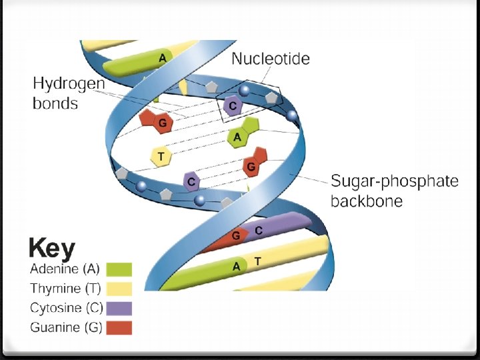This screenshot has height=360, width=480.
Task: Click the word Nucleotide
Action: coord(270,59)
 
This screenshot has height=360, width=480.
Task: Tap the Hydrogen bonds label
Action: coord(69,93)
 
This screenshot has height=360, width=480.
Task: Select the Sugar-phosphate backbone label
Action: coord(395,191)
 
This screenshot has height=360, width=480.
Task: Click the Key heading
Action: coord(52,249)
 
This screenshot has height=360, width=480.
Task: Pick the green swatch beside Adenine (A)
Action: coord(119,269)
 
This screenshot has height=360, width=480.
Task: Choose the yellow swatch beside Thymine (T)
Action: coord(119,289)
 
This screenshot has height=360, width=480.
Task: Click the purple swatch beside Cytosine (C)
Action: coord(119,308)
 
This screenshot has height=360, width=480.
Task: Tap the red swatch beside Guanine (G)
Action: coord(119,327)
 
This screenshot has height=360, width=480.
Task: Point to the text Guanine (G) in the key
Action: coord(66,327)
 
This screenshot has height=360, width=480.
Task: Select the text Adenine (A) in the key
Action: coord(65,269)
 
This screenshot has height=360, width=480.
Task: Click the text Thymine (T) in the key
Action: coord(65,289)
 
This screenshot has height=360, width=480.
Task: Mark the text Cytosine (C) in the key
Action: coord(65,308)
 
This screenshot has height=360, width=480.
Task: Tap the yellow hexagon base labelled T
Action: coord(160,157)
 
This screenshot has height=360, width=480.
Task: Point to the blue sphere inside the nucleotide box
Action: coord(245,91)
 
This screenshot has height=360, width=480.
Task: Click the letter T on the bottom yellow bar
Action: coord(257,262)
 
